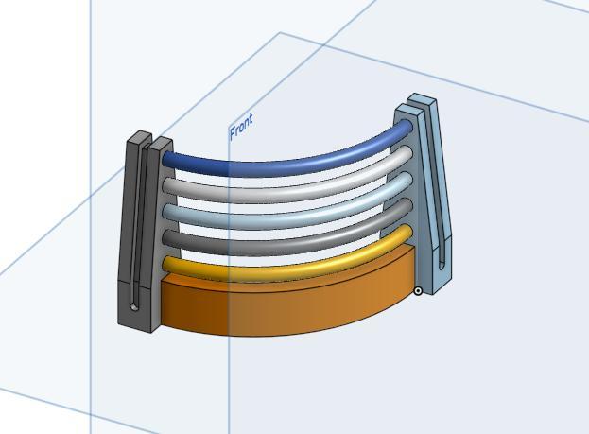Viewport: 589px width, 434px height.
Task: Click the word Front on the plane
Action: pyautogui.click(x=242, y=125)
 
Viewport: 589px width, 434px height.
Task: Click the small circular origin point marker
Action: pyautogui.click(x=419, y=291)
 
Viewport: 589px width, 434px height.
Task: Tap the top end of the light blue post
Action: pyautogui.click(x=421, y=99)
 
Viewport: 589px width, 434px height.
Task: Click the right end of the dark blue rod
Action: pyautogui.click(x=406, y=126)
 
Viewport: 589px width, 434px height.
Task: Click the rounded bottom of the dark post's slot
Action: pyautogui.click(x=136, y=306)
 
